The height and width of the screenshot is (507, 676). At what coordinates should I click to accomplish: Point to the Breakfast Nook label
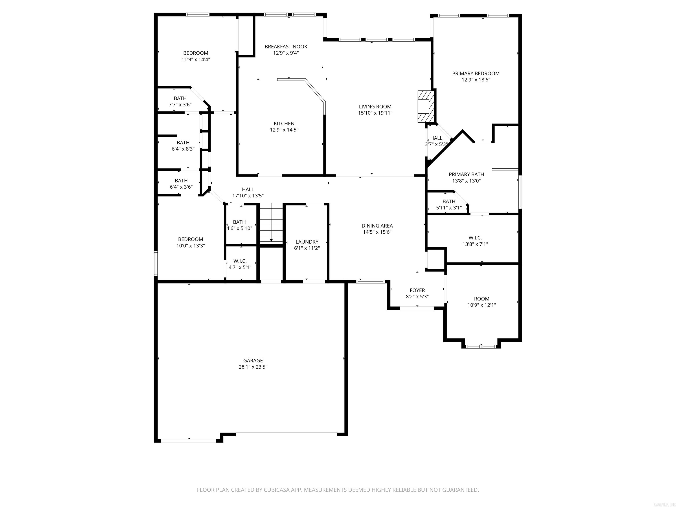tap(286, 46)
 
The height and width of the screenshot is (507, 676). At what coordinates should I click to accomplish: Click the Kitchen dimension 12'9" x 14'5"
tap(284, 130)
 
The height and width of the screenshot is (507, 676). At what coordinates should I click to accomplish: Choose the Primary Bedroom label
tap(476, 73)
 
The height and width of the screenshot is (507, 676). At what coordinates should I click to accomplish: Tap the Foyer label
tap(417, 290)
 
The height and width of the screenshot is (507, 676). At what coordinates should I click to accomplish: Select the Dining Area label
tap(377, 226)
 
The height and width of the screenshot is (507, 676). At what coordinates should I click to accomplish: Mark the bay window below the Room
tap(481, 347)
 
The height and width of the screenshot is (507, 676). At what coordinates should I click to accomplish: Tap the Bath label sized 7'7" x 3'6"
tap(180, 98)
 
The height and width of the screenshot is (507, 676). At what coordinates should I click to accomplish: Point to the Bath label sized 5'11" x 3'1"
tap(449, 201)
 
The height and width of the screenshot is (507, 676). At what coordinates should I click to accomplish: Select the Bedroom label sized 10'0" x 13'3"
tap(190, 239)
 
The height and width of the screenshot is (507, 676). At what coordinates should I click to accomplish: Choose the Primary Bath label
tap(466, 175)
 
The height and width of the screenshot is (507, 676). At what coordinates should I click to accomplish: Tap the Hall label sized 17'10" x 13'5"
tap(248, 189)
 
